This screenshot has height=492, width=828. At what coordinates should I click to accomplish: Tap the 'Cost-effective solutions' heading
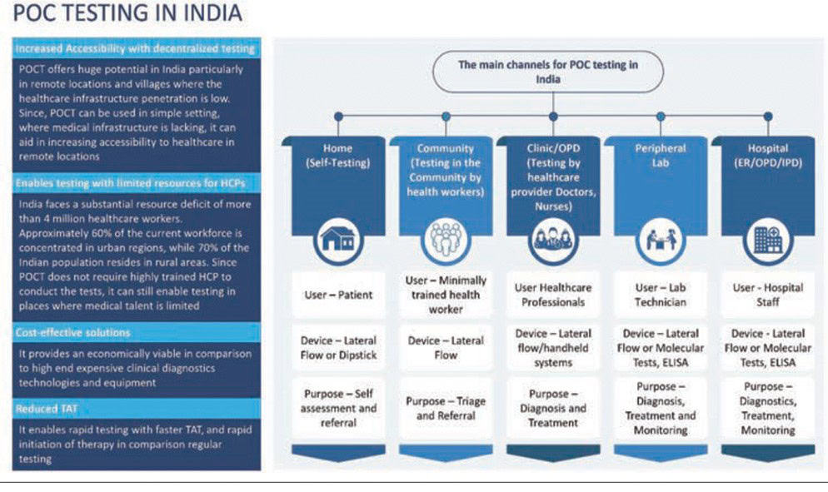click(72, 332)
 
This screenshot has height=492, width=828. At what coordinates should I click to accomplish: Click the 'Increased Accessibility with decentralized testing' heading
click(135, 49)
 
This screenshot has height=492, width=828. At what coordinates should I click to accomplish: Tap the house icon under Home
click(338, 240)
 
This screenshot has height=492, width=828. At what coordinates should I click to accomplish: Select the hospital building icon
click(768, 240)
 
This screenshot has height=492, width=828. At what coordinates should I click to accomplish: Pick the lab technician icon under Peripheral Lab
click(661, 240)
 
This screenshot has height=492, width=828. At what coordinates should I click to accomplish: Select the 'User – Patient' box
click(338, 295)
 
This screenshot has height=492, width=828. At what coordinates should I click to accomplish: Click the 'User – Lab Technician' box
click(661, 295)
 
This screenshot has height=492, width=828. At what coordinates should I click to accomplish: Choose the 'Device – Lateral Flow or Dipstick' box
click(338, 347)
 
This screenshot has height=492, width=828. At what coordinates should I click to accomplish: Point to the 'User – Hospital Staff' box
click(768, 295)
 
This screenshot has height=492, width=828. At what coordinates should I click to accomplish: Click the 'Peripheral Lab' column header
click(661, 156)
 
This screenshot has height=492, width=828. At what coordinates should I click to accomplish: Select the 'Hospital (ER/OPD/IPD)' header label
click(768, 156)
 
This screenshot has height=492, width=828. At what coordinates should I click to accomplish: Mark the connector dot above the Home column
click(338, 117)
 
